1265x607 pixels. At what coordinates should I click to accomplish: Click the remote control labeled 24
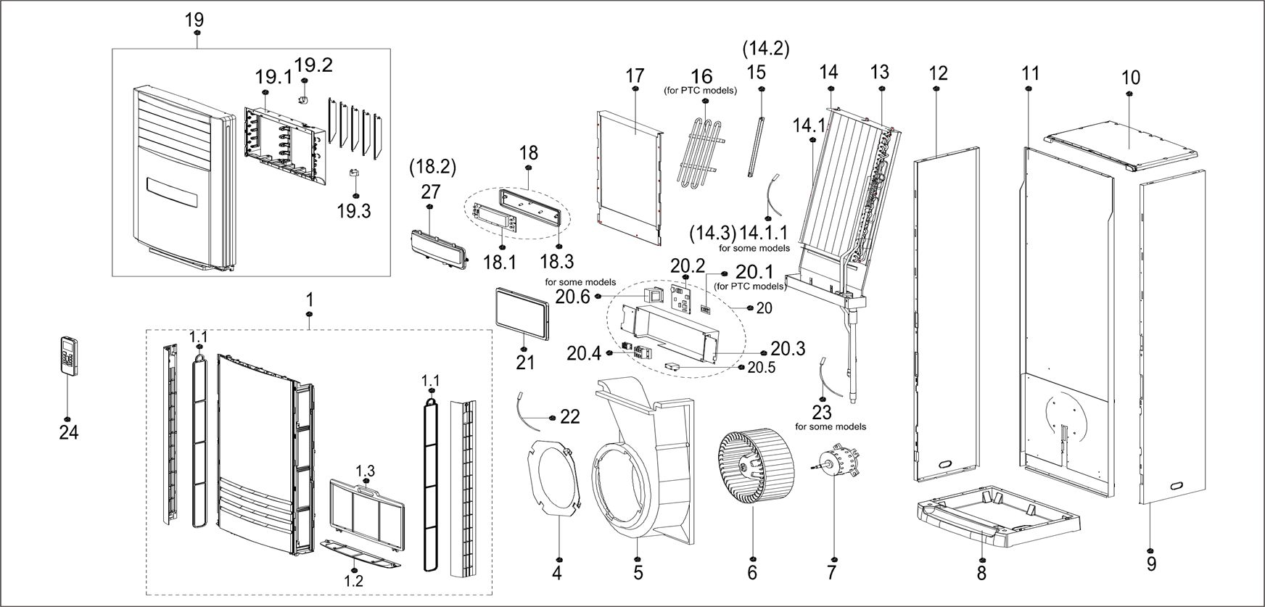(x=70, y=355)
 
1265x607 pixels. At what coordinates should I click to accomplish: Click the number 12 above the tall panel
(x=937, y=73)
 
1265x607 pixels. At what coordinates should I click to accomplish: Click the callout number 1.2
(x=354, y=579)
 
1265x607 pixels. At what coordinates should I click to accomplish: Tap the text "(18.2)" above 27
(x=433, y=167)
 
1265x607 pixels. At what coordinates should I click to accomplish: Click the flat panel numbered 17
(x=630, y=174)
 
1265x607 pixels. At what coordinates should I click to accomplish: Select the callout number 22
(x=570, y=417)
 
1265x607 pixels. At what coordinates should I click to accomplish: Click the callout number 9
(x=1151, y=563)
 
